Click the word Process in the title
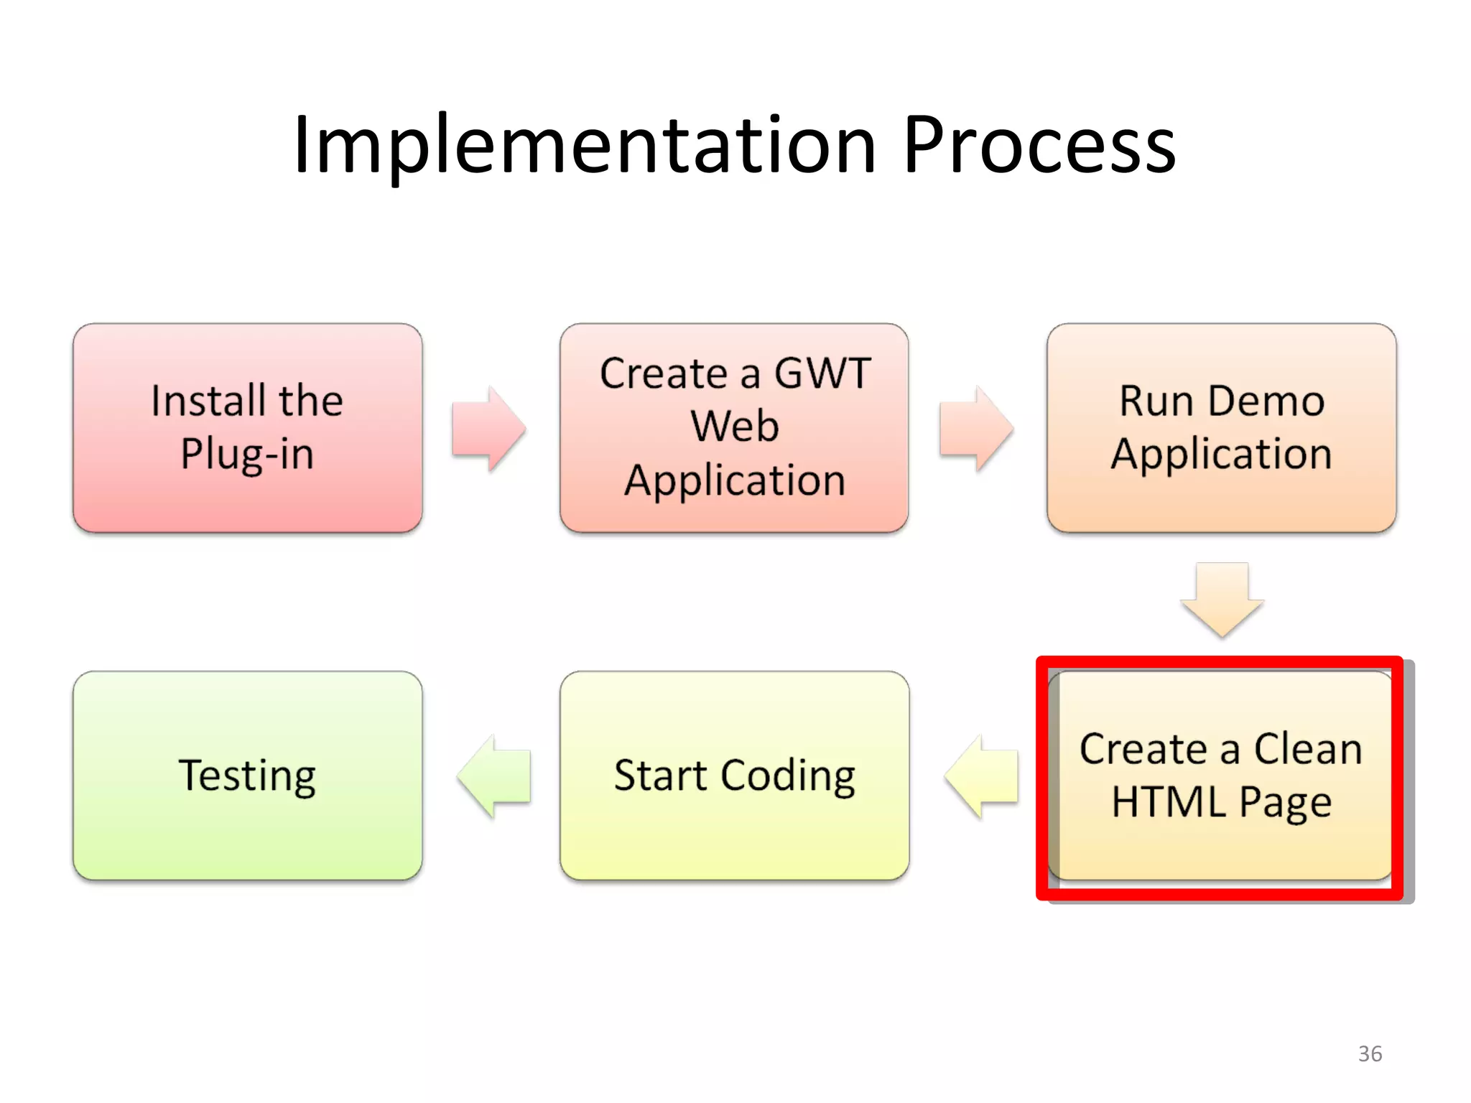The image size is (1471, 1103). pyautogui.click(x=1039, y=146)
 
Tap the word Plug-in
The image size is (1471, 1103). pyautogui.click(x=247, y=454)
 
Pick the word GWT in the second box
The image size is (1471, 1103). pyautogui.click(x=822, y=373)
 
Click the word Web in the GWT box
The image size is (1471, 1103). pyautogui.click(x=734, y=426)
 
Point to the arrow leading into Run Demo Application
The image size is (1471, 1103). pyautogui.click(x=975, y=429)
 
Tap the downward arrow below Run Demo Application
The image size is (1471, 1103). pyautogui.click(x=1222, y=600)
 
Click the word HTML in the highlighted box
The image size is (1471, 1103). pyautogui.click(x=1168, y=802)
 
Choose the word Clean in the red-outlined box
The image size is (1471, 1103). pyautogui.click(x=1307, y=749)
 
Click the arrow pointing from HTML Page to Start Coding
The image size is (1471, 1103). pyautogui.click(x=981, y=776)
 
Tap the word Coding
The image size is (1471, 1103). pyautogui.click(x=788, y=776)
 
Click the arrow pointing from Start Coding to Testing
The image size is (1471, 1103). pyautogui.click(x=494, y=776)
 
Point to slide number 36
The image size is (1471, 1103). pyautogui.click(x=1370, y=1053)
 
